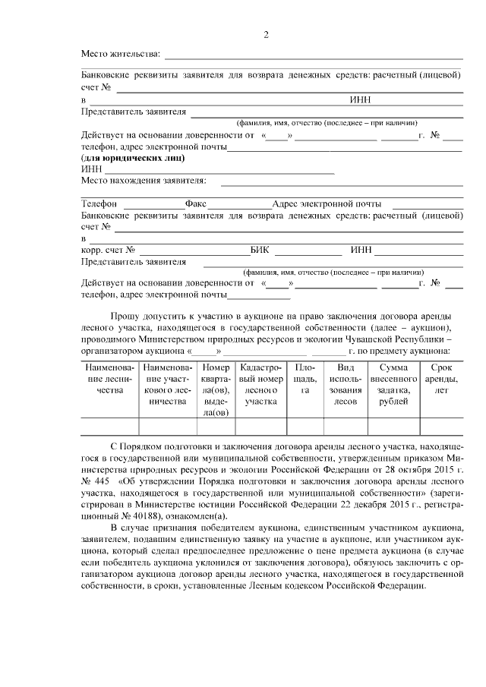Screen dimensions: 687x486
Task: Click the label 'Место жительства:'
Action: pyautogui.click(x=121, y=54)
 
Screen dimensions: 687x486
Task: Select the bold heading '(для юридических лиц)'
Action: pyautogui.click(x=133, y=159)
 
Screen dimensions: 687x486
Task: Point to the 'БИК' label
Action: pyautogui.click(x=260, y=251)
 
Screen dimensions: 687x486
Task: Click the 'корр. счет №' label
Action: pyautogui.click(x=108, y=251)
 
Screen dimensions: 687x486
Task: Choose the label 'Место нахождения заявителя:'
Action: pyautogui.click(x=144, y=181)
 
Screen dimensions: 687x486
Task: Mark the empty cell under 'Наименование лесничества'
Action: pyautogui.click(x=110, y=427)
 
